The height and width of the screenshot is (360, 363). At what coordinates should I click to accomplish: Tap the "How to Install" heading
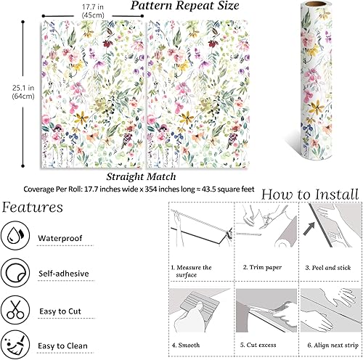pos(309,194)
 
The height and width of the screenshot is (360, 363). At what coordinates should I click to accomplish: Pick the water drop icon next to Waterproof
pos(15,236)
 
